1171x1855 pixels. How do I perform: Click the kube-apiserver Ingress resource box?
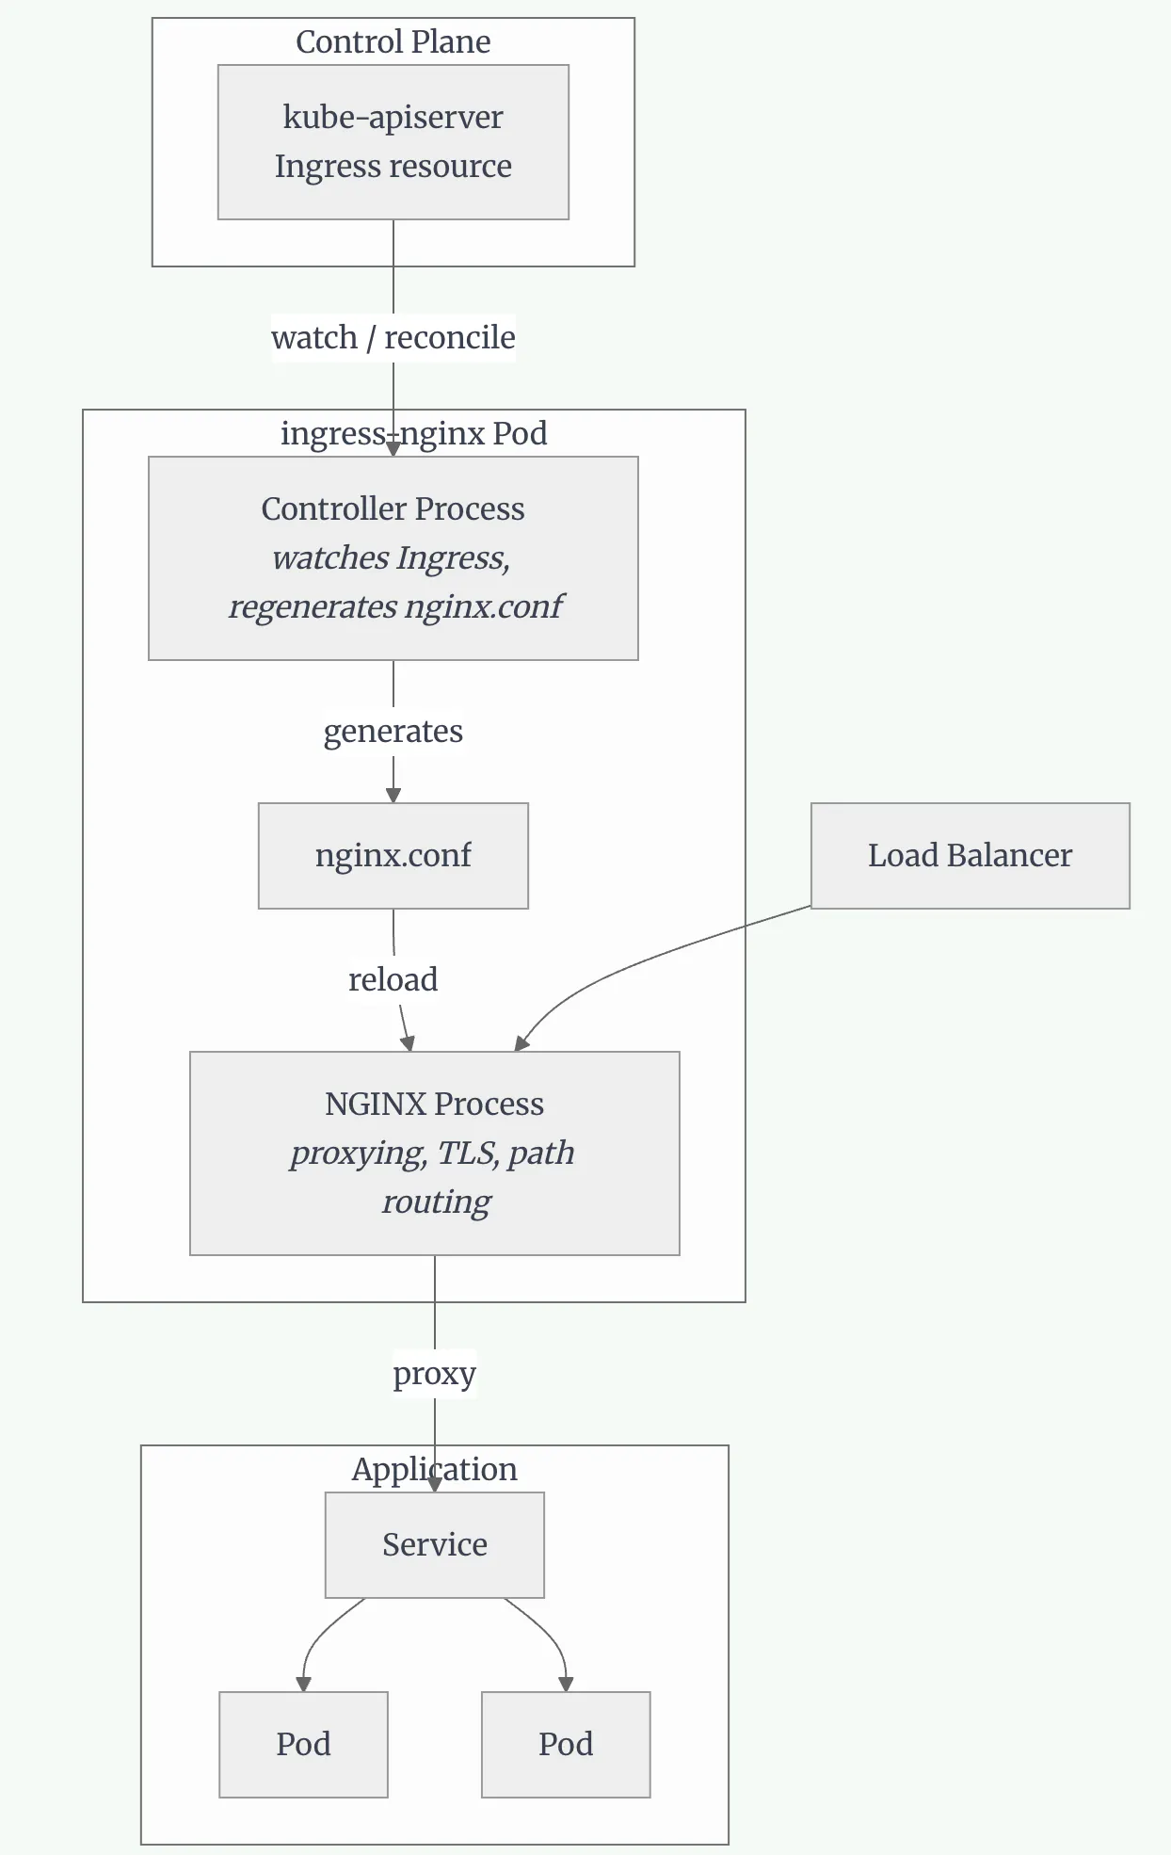393,142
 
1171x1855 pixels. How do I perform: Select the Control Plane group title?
393,41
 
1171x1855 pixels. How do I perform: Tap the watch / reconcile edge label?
393,337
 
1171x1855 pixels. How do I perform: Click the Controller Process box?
393,558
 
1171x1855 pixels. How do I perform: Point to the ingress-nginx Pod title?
414,433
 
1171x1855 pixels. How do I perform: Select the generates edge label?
393,732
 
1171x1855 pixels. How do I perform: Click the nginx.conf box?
393,856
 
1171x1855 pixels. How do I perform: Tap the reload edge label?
393,979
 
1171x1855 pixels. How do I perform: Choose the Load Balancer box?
970,856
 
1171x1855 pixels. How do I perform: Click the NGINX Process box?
435,1153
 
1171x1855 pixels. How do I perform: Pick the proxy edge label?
435,1374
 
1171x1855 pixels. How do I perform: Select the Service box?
435,1545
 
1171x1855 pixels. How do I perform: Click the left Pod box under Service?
303,1745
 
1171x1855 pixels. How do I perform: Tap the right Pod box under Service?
566,1745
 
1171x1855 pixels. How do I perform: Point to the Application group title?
435,1469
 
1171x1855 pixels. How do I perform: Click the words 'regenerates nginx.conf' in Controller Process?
395,607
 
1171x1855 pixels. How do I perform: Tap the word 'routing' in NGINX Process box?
437,1202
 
